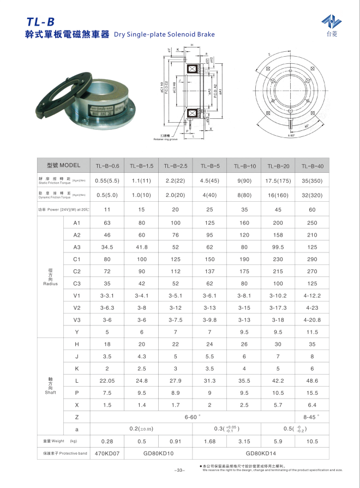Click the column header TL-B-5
pos(210,165)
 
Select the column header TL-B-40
pos(313,165)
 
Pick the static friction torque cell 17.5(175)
pos(278,180)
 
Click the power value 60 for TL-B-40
pos(313,209)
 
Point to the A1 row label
pos(76,222)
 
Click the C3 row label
pos(76,284)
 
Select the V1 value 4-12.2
pos(313,296)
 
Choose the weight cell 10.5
pos(313,441)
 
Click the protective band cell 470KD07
pos(107,453)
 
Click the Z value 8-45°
pos(313,417)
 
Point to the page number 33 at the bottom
pos(180,470)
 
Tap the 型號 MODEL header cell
pos(63,165)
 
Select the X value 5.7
pos(278,405)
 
